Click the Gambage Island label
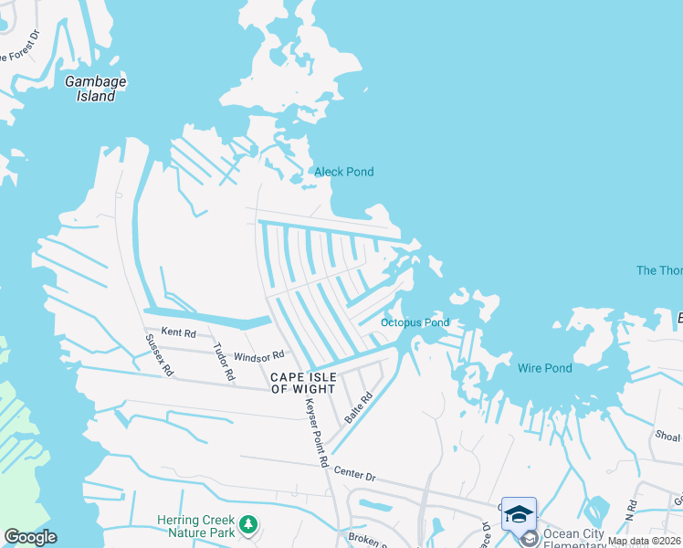pos(95,89)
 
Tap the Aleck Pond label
pos(343,172)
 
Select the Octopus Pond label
pos(415,322)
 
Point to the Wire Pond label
pos(544,368)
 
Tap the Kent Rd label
pos(178,332)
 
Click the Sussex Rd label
pos(159,355)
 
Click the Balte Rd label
pos(359,407)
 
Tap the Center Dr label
pos(354,474)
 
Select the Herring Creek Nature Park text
pos(195,526)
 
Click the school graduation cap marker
pos(519,513)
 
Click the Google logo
pos(30,537)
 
